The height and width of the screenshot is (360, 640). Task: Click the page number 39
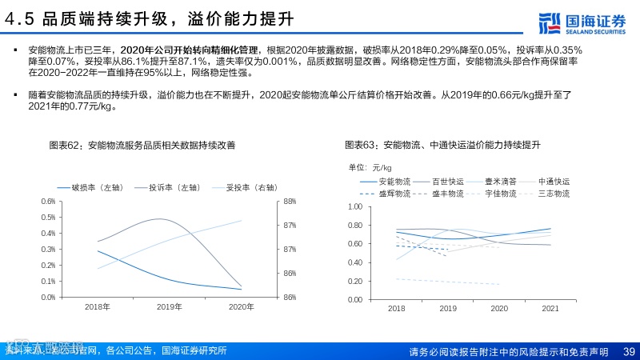pos(629,351)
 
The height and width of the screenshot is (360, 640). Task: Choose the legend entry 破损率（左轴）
pos(87,188)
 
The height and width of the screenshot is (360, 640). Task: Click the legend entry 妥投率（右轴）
pos(243,188)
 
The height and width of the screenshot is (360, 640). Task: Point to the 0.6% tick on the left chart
pos(49,202)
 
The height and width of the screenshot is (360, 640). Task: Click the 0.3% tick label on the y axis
pos(49,249)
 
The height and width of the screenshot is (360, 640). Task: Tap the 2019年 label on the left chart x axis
pos(169,307)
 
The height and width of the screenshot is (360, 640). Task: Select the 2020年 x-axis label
pos(241,307)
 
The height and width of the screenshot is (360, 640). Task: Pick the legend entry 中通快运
pos(554,182)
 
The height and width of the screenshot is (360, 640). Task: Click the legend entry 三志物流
pos(554,194)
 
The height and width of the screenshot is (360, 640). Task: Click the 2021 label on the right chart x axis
pos(550,308)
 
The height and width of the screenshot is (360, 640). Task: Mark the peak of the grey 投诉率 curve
pos(160,219)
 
